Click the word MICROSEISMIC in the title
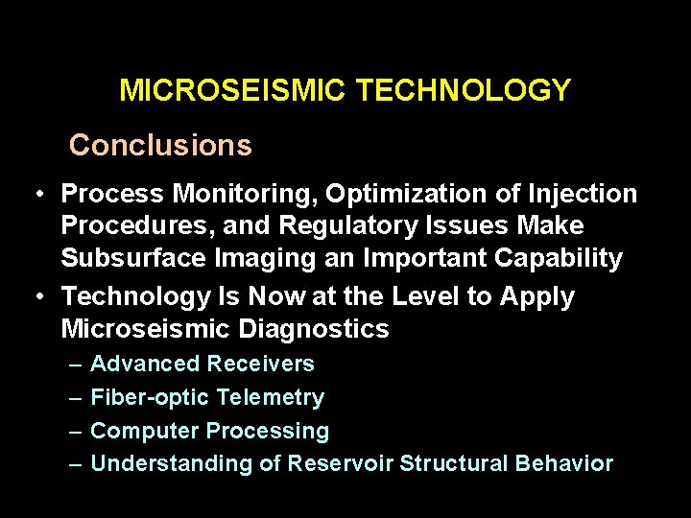tap(233, 91)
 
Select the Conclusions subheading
tap(160, 145)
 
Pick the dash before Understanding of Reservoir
tap(76, 464)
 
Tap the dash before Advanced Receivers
tap(76, 365)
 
